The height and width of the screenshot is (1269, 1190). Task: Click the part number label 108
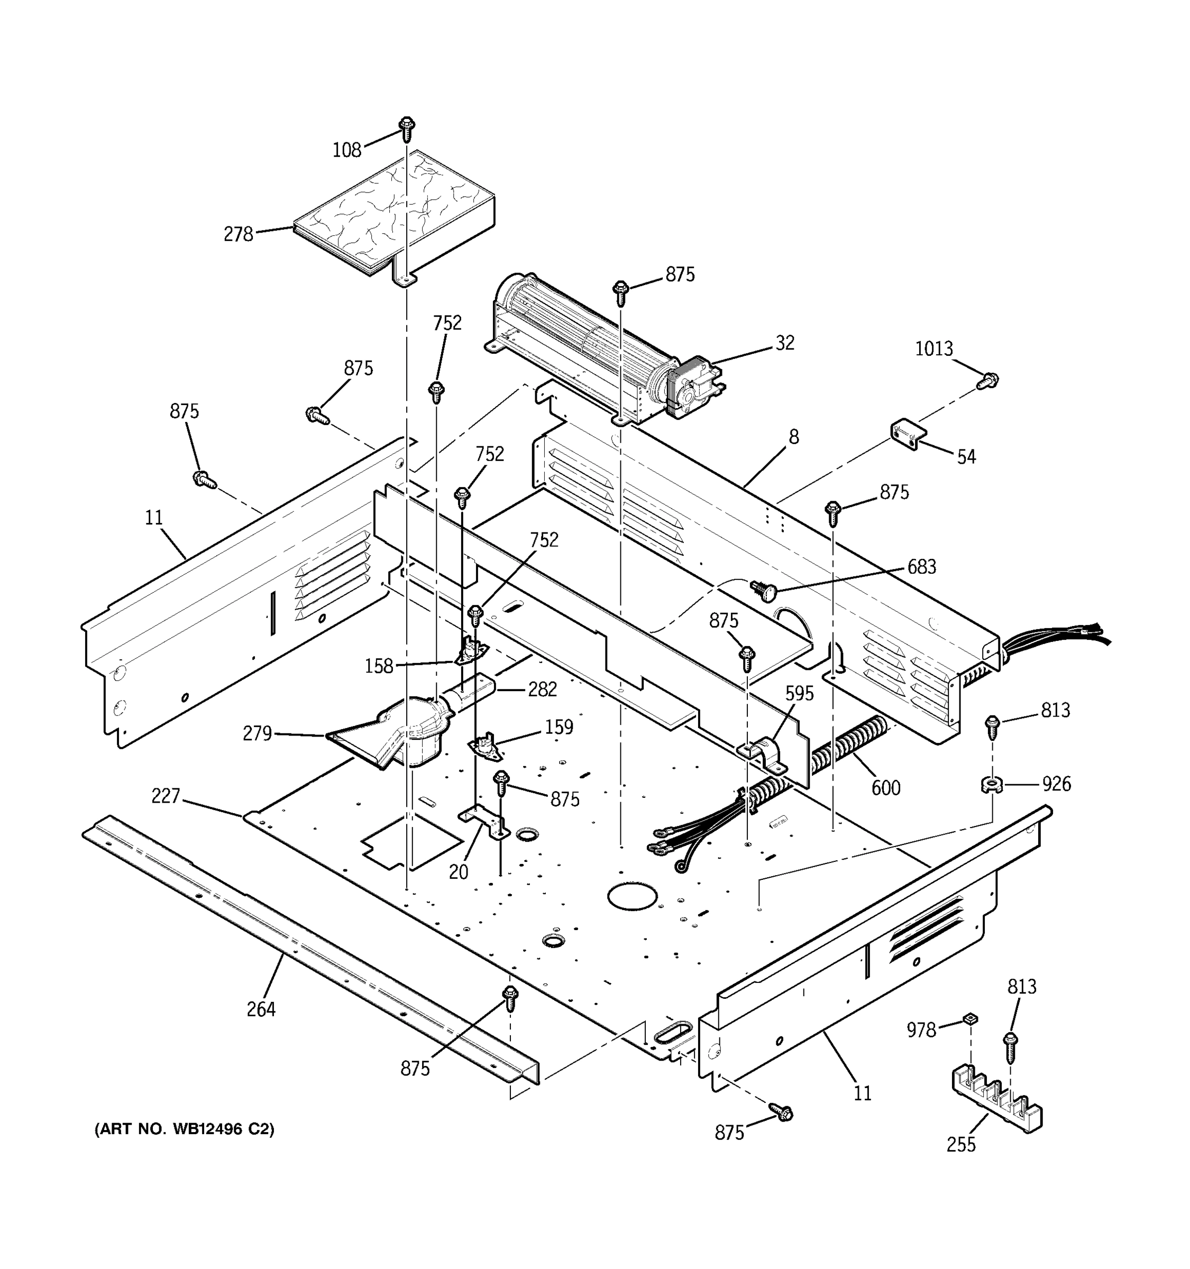(x=346, y=150)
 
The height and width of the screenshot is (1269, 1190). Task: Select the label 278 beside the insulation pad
(x=238, y=235)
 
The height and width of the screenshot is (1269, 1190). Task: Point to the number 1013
(x=933, y=349)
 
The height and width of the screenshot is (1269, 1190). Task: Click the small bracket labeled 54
(x=908, y=434)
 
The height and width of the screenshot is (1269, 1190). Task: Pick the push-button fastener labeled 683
(x=762, y=590)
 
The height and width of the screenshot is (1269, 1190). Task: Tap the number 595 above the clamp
(x=799, y=694)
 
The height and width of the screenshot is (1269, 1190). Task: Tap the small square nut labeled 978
(x=971, y=1019)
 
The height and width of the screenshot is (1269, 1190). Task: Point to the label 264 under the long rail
(x=261, y=1009)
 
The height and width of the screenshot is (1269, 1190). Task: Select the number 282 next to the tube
(x=543, y=689)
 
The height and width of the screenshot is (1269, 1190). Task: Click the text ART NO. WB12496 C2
(x=185, y=1129)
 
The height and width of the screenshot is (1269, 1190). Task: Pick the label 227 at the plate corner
(x=166, y=796)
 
